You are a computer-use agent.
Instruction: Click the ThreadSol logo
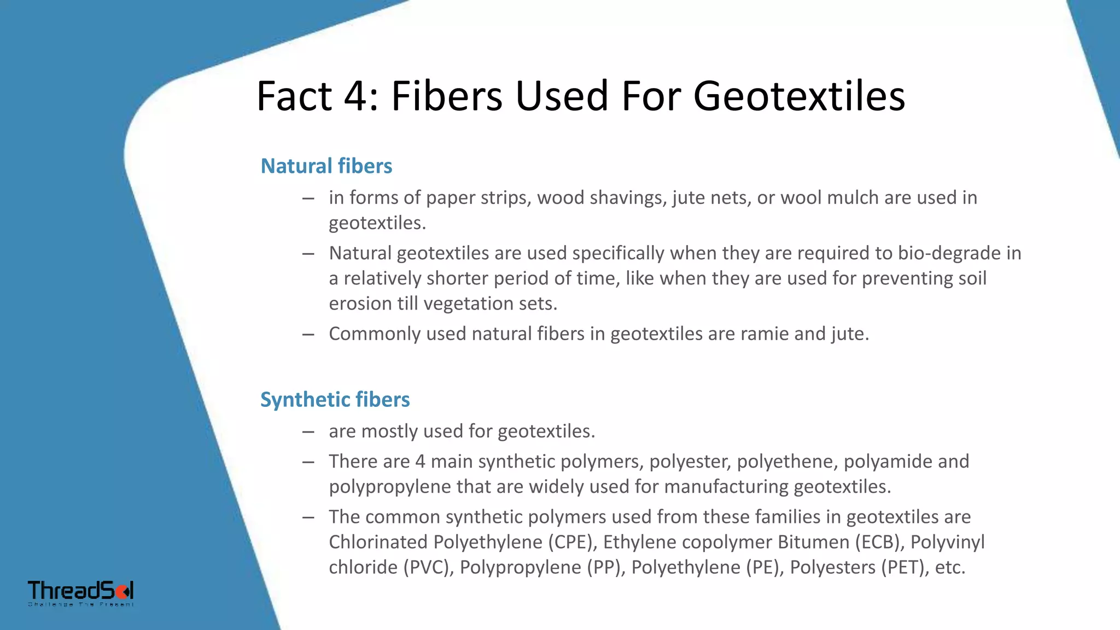point(81,593)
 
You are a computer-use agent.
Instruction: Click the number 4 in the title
point(357,96)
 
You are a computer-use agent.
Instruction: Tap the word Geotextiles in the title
point(799,96)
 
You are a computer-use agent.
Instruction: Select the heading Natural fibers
point(326,166)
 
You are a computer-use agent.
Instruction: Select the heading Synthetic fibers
point(335,399)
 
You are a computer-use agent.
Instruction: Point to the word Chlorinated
point(378,542)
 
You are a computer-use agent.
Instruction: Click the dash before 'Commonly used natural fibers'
point(308,334)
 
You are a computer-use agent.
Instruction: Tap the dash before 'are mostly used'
point(308,431)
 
